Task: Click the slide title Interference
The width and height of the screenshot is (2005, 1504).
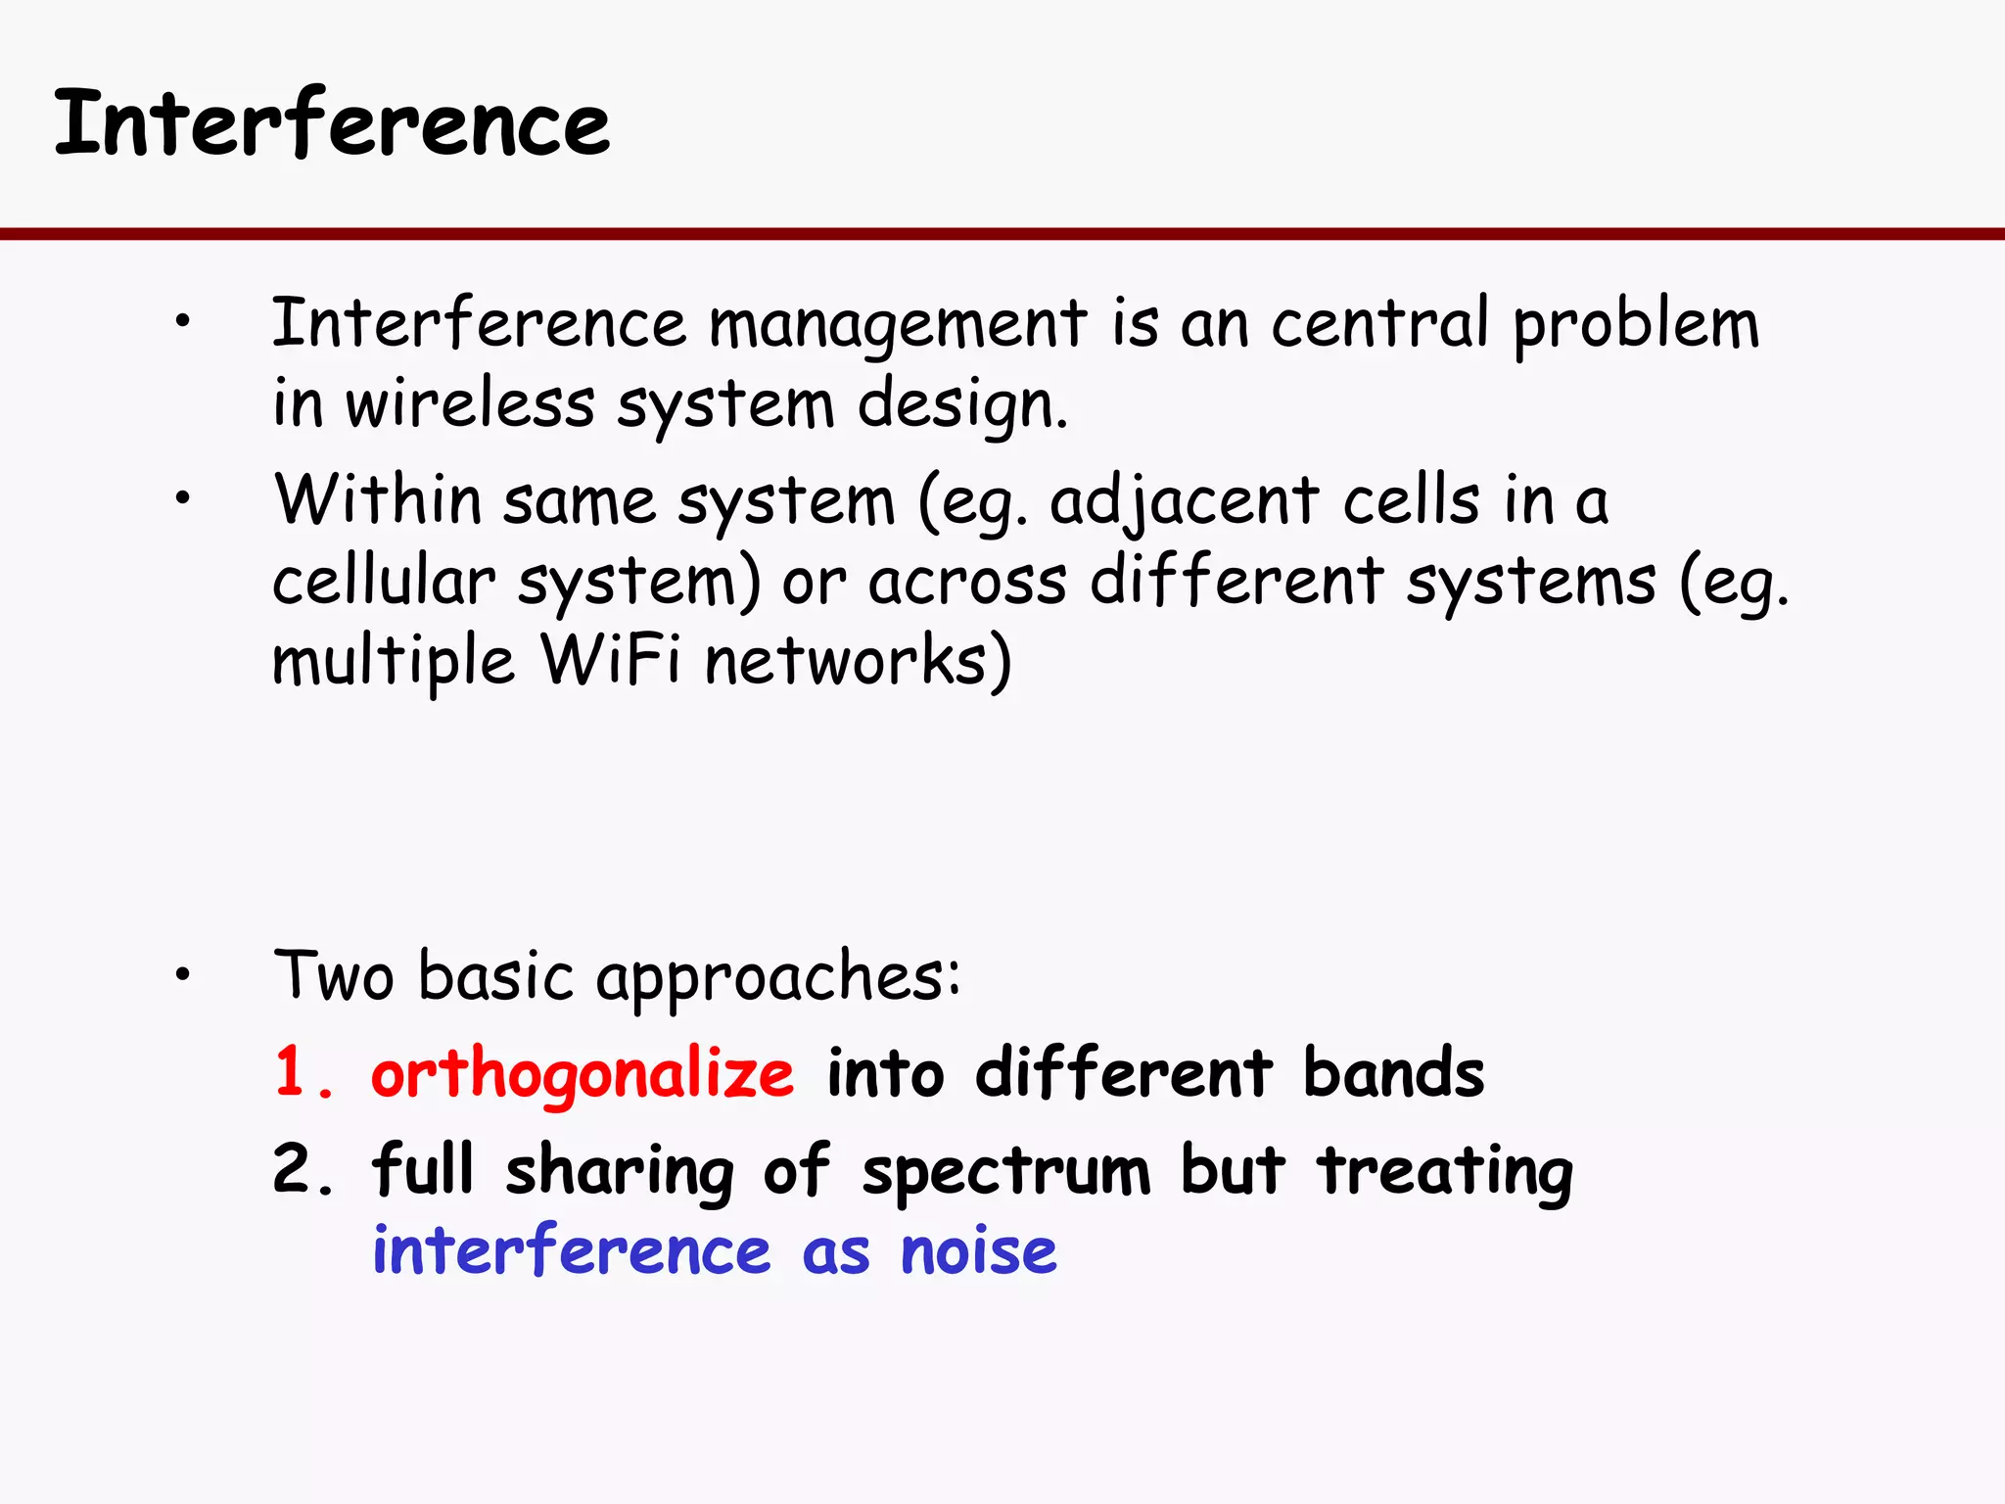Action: pyautogui.click(x=331, y=123)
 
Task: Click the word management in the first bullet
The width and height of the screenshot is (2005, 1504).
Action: pyautogui.click(x=897, y=325)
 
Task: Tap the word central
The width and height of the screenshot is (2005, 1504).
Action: pyautogui.click(x=1380, y=323)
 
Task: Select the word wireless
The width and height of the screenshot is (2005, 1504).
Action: pyautogui.click(x=470, y=403)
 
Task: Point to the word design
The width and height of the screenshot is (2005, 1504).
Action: pyautogui.click(x=961, y=405)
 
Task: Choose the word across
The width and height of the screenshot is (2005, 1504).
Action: pyautogui.click(x=967, y=582)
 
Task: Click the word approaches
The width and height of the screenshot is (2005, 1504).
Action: pyautogui.click(x=777, y=977)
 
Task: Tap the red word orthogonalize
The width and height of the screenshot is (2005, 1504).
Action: pyautogui.click(x=583, y=1075)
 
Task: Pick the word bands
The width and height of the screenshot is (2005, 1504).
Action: pyautogui.click(x=1393, y=1073)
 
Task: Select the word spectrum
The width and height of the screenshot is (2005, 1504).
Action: pyautogui.click(x=1006, y=1171)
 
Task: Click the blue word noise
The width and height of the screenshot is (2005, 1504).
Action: pyautogui.click(x=979, y=1251)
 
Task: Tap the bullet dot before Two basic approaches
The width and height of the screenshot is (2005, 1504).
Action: pyautogui.click(x=182, y=974)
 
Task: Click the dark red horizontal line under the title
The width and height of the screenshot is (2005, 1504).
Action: pyautogui.click(x=1002, y=234)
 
